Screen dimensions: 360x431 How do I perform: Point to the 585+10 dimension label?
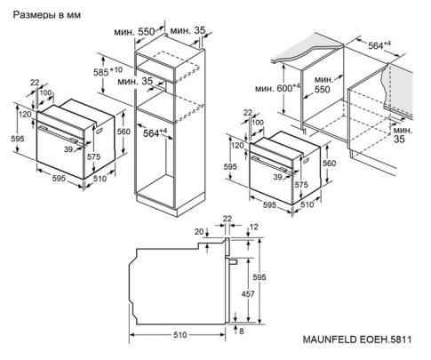click(110, 70)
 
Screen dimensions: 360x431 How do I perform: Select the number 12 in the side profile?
click(254, 228)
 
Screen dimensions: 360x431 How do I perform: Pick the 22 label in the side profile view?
click(227, 218)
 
